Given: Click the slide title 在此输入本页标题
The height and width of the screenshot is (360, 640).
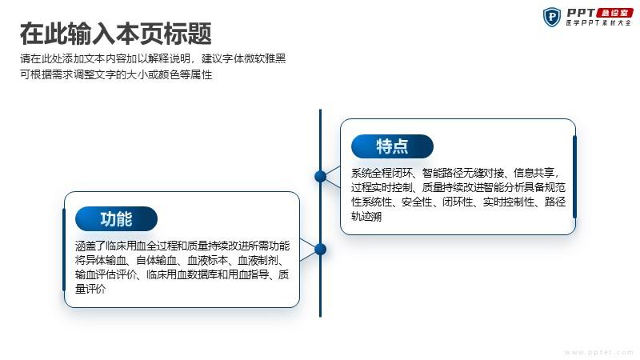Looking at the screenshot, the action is [116, 34].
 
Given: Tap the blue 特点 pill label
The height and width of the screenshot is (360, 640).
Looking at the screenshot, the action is [392, 146].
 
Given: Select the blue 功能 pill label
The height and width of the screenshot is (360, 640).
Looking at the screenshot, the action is [116, 218].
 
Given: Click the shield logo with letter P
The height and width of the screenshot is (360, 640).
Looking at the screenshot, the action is [552, 17].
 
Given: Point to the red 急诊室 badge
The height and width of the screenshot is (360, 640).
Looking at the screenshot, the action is [614, 13].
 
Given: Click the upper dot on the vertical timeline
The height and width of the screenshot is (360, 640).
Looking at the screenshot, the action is [321, 176].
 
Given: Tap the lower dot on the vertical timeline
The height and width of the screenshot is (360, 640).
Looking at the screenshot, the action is [321, 249].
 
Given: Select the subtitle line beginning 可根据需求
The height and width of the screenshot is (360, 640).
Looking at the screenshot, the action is [116, 74].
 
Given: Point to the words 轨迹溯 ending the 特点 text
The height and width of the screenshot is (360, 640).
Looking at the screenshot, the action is [366, 216].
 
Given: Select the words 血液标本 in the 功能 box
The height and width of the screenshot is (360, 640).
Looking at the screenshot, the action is [207, 260].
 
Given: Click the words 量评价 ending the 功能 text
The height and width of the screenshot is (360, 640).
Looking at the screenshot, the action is [90, 289].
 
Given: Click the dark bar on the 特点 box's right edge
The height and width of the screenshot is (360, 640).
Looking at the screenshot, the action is [574, 177].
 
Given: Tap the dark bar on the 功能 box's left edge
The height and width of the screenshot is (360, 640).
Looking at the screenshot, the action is [64, 250].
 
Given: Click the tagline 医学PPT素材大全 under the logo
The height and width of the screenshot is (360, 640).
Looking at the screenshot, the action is [598, 23].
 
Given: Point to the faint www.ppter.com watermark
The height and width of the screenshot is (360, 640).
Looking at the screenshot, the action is [598, 352].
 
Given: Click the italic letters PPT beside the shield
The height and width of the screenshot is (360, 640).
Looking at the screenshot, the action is [582, 13].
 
